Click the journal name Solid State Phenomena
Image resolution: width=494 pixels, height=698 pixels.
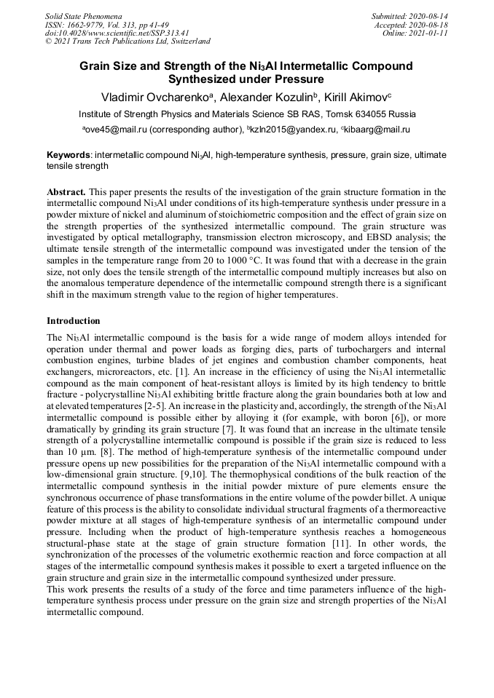[83, 16]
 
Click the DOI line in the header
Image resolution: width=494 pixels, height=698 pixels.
[117, 33]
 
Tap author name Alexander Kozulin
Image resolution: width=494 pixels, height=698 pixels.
[253, 98]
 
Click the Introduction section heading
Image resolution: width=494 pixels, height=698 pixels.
[74, 321]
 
